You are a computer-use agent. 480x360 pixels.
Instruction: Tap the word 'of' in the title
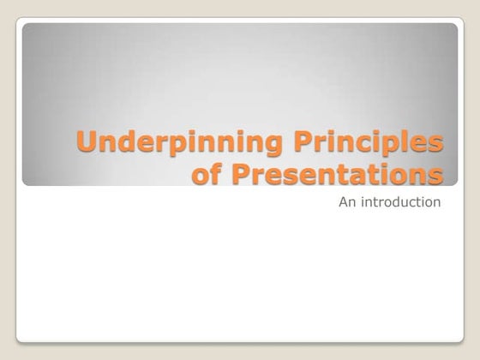coord(204,174)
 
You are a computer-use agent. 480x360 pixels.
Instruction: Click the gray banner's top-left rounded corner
coord(26,27)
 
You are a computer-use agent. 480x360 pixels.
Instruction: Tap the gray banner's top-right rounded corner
coord(454,27)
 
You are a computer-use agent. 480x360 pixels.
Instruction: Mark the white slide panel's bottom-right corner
coord(460,340)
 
